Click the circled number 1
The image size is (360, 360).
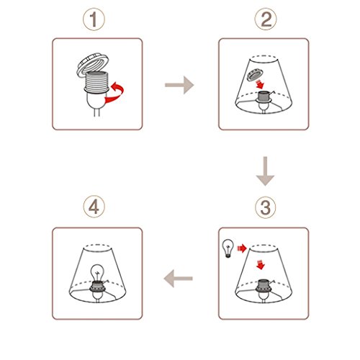94,19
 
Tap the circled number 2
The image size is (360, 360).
266,19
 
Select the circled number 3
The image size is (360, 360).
266,207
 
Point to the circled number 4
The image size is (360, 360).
94,207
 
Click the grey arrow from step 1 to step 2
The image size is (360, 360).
179,85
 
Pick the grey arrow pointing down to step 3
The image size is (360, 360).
265,171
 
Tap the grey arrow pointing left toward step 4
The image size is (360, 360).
178,279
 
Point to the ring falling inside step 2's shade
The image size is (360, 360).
255,75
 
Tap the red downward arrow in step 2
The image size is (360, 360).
260,84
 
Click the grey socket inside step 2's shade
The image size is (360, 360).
264,97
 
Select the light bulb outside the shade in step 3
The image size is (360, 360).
228,248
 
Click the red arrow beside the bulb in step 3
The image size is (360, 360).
242,248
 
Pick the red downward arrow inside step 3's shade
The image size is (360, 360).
261,264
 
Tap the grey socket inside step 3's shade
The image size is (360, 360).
264,286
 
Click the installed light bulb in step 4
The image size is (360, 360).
97,273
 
